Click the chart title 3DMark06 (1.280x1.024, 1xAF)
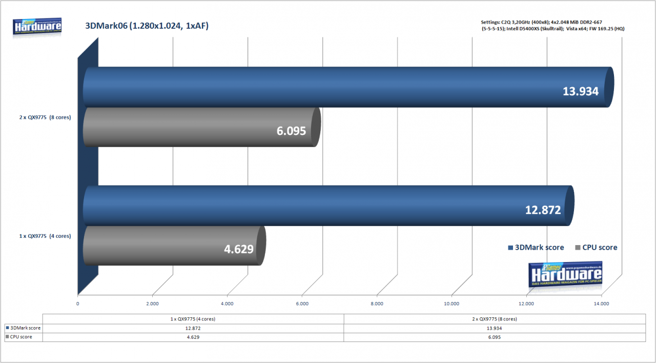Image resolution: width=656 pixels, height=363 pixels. tap(147, 26)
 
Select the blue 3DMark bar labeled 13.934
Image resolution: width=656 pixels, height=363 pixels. tap(348, 87)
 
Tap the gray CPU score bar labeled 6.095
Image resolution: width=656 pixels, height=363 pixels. tap(202, 127)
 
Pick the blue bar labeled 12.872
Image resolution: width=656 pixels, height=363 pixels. tap(329, 206)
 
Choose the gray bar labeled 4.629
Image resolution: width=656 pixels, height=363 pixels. tap(175, 246)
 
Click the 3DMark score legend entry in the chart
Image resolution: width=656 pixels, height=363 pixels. tap(536, 248)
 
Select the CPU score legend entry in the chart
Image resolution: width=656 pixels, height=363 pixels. tap(596, 248)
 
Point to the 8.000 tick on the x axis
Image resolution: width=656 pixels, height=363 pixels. tap(377, 304)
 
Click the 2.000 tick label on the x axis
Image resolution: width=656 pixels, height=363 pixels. tap(152, 304)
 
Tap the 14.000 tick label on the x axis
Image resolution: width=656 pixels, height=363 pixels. tap(601, 304)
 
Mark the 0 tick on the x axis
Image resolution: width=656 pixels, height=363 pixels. tap(77, 304)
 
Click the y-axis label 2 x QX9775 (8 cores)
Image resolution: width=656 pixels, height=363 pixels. tap(45, 117)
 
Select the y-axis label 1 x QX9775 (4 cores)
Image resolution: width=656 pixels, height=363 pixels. tap(45, 236)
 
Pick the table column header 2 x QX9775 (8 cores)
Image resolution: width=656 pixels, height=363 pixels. tap(495, 319)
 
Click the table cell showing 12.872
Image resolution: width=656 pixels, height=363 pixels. tap(193, 329)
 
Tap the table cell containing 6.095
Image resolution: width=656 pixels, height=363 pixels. tap(495, 337)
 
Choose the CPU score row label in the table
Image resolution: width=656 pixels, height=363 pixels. tap(19, 337)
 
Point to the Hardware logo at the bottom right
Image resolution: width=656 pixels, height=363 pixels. tap(565, 274)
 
